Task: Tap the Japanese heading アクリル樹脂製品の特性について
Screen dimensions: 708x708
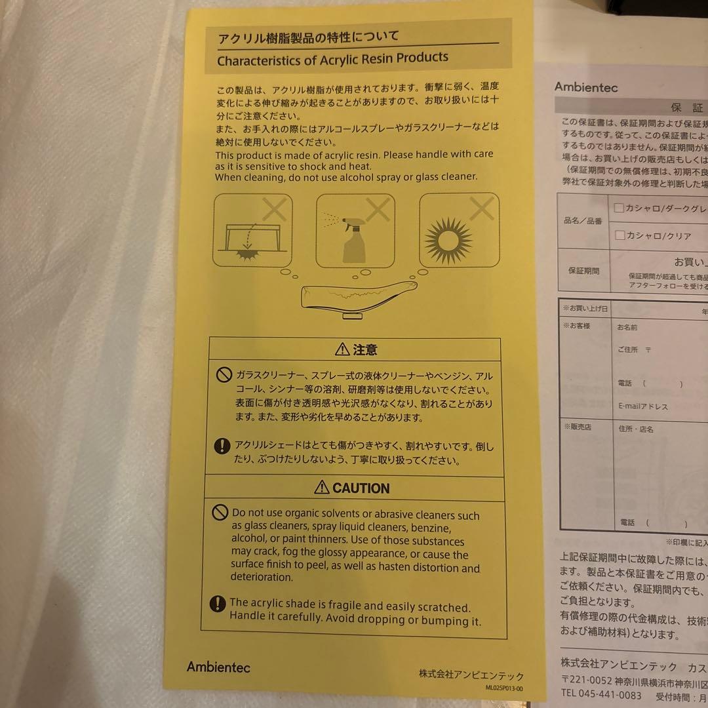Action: (308, 37)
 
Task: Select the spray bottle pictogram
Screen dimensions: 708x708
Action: (355, 231)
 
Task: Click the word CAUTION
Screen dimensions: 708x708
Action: (361, 488)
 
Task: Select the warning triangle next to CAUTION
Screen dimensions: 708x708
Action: (322, 488)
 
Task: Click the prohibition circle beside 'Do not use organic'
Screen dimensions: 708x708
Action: (220, 513)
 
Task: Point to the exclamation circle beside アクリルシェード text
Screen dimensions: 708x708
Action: (222, 446)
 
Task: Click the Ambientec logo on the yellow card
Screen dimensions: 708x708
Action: (218, 667)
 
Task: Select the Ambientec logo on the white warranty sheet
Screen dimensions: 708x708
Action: (585, 87)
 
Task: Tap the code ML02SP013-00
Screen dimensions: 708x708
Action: (504, 688)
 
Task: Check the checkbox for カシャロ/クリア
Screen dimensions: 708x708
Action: (619, 235)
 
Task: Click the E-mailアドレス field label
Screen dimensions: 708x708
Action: (642, 406)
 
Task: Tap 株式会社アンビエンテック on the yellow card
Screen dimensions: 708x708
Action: (471, 675)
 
